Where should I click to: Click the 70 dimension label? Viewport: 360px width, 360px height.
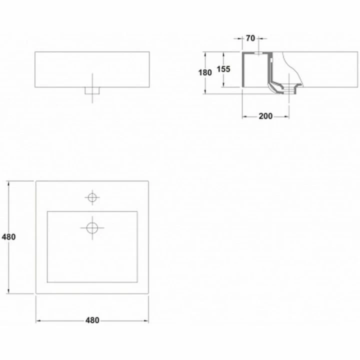[250, 38]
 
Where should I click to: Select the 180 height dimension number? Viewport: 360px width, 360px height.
[205, 73]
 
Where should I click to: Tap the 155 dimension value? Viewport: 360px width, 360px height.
[223, 69]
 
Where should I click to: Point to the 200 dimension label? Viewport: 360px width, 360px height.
[265, 116]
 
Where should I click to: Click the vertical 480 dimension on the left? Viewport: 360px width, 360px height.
[8, 237]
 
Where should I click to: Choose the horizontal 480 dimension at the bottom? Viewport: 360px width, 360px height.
[92, 320]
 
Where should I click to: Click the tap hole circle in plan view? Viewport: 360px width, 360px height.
[92, 197]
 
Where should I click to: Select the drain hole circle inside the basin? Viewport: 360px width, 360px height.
[92, 228]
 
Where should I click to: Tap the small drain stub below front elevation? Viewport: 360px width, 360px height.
[92, 90]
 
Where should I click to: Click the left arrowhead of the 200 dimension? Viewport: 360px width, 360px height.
[244, 116]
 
